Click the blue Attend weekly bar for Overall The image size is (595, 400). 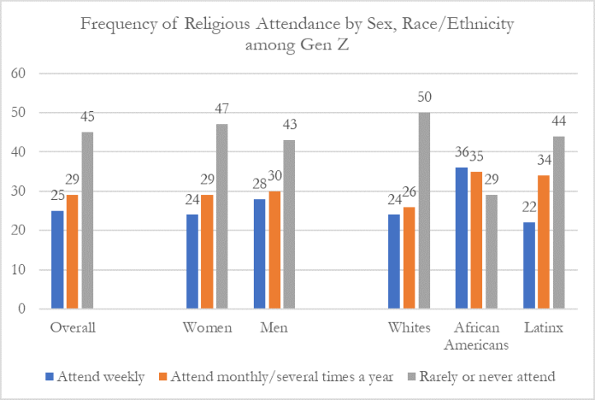click(x=57, y=260)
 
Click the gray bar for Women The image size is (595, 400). click(x=222, y=216)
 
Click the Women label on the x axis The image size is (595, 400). click(x=208, y=328)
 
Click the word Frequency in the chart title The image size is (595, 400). click(x=125, y=25)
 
